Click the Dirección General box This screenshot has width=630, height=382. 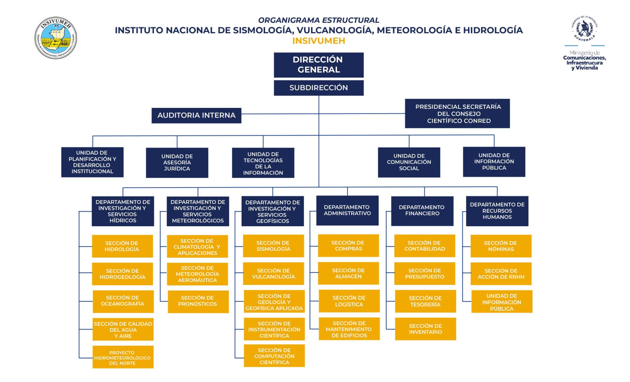318,65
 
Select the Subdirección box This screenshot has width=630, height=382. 318,88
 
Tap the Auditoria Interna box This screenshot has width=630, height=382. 196,115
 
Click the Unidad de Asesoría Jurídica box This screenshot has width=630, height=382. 177,163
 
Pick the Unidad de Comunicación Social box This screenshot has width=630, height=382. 409,162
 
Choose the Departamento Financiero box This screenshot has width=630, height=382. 422,211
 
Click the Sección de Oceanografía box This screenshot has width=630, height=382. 123,301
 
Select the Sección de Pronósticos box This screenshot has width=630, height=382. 198,301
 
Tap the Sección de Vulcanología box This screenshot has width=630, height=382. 273,274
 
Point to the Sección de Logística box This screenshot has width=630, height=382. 349,301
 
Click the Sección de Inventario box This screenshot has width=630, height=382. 425,329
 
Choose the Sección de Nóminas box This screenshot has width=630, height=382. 501,246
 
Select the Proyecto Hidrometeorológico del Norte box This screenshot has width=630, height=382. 123,357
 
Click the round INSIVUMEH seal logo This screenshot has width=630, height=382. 56,38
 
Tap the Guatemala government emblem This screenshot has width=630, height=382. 584,29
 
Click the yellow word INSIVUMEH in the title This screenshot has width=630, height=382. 318,41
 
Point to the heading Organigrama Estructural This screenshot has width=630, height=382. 318,20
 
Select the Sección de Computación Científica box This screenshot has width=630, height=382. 274,356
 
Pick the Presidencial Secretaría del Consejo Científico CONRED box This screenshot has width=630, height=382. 457,113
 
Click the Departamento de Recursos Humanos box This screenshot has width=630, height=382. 497,211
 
